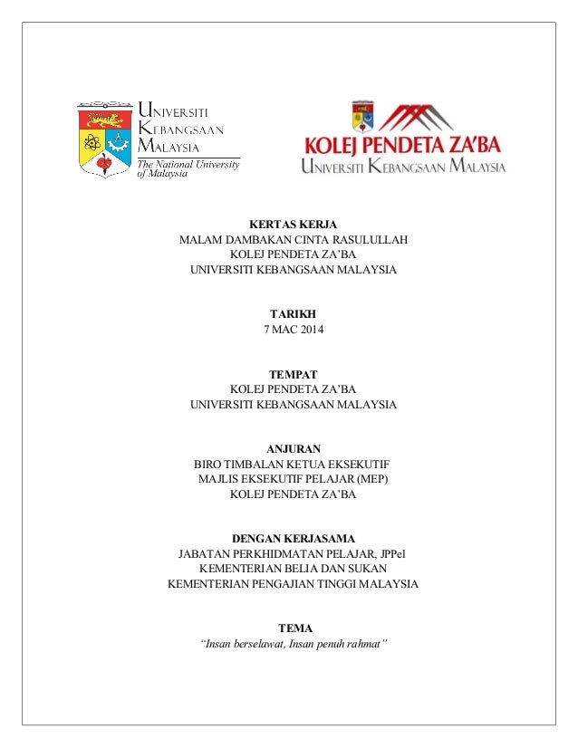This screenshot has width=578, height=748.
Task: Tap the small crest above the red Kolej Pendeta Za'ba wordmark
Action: click(361, 115)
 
